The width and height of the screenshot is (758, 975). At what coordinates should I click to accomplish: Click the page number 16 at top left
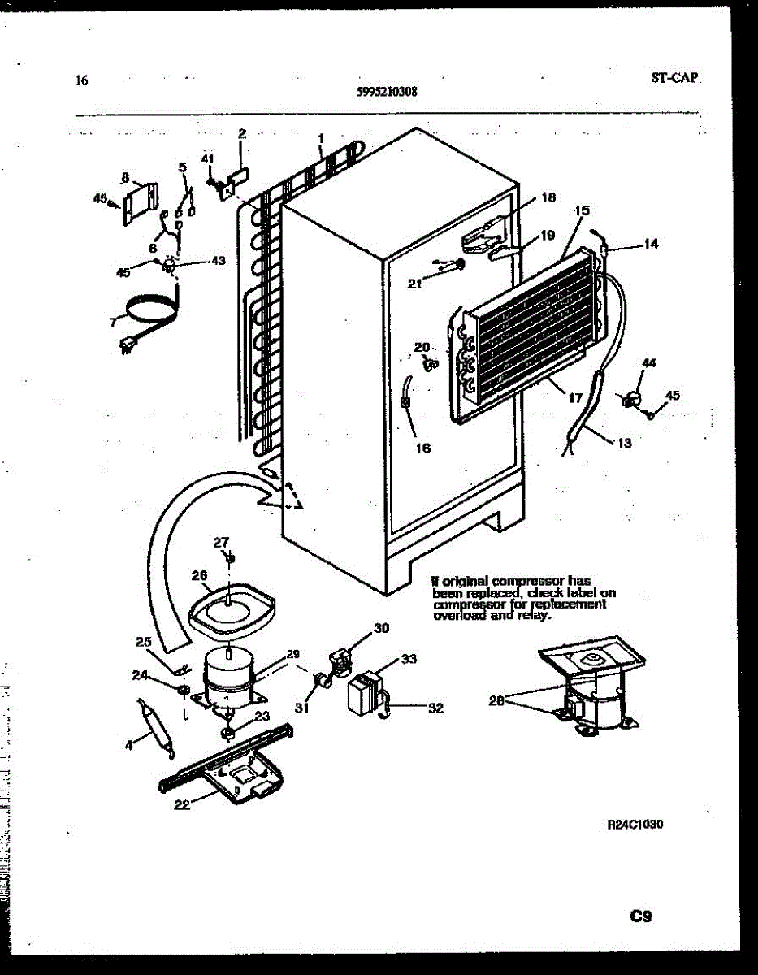[x=80, y=80]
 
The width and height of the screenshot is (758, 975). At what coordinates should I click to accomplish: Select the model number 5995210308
[x=388, y=93]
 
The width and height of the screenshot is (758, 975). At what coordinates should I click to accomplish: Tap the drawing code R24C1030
[x=636, y=825]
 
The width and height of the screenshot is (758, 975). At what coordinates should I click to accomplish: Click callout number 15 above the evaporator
[x=581, y=210]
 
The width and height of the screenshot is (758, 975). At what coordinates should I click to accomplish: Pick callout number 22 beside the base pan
[x=181, y=804]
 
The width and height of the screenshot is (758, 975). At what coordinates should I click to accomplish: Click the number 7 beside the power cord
[x=111, y=323]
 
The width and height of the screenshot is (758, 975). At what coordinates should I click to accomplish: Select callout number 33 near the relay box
[x=409, y=659]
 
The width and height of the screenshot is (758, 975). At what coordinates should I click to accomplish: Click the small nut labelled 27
[x=231, y=559]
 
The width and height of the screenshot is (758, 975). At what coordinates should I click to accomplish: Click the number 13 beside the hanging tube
[x=624, y=443]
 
